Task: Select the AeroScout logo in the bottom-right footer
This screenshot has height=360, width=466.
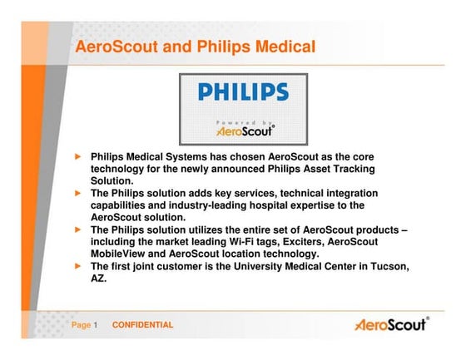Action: click(x=391, y=324)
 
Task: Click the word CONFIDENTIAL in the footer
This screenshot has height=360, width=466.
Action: click(x=143, y=325)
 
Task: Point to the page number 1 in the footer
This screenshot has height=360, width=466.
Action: click(x=96, y=325)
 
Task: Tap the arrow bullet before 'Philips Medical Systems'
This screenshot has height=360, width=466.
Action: click(x=79, y=156)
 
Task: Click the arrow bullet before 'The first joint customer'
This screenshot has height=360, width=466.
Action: click(x=79, y=265)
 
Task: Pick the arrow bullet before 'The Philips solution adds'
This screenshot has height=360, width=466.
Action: click(x=79, y=192)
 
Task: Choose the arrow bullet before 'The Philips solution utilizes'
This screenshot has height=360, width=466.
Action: click(x=79, y=229)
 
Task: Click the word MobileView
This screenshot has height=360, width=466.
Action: click(x=121, y=254)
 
